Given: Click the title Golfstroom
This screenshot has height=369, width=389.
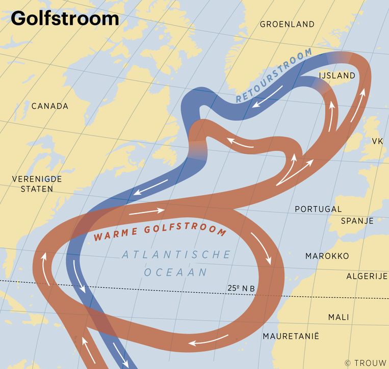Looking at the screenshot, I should point(65,18).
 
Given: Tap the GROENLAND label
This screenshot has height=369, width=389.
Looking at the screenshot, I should point(287,24).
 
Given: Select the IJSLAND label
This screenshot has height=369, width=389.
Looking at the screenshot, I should point(336,75).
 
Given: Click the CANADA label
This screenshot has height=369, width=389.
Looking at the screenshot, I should point(49,106).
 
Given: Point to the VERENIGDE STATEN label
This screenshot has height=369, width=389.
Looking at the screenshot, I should point(38,183).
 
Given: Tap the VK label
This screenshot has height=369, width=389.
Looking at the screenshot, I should point(377,141).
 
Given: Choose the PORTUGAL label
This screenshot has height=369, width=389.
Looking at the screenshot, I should point(319,209).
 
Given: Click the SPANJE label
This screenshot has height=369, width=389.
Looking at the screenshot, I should point(357,221).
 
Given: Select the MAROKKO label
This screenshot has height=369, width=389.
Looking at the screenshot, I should point(327,256).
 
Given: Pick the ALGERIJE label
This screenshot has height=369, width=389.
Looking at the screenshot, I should point(367,276).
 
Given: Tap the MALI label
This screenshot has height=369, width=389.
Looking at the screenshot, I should point(339,317).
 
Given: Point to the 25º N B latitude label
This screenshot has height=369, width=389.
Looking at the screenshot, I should point(241,289).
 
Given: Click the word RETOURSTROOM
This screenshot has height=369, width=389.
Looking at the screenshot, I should point(274,76).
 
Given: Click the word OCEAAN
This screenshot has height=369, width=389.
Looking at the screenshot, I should point(175,272).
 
